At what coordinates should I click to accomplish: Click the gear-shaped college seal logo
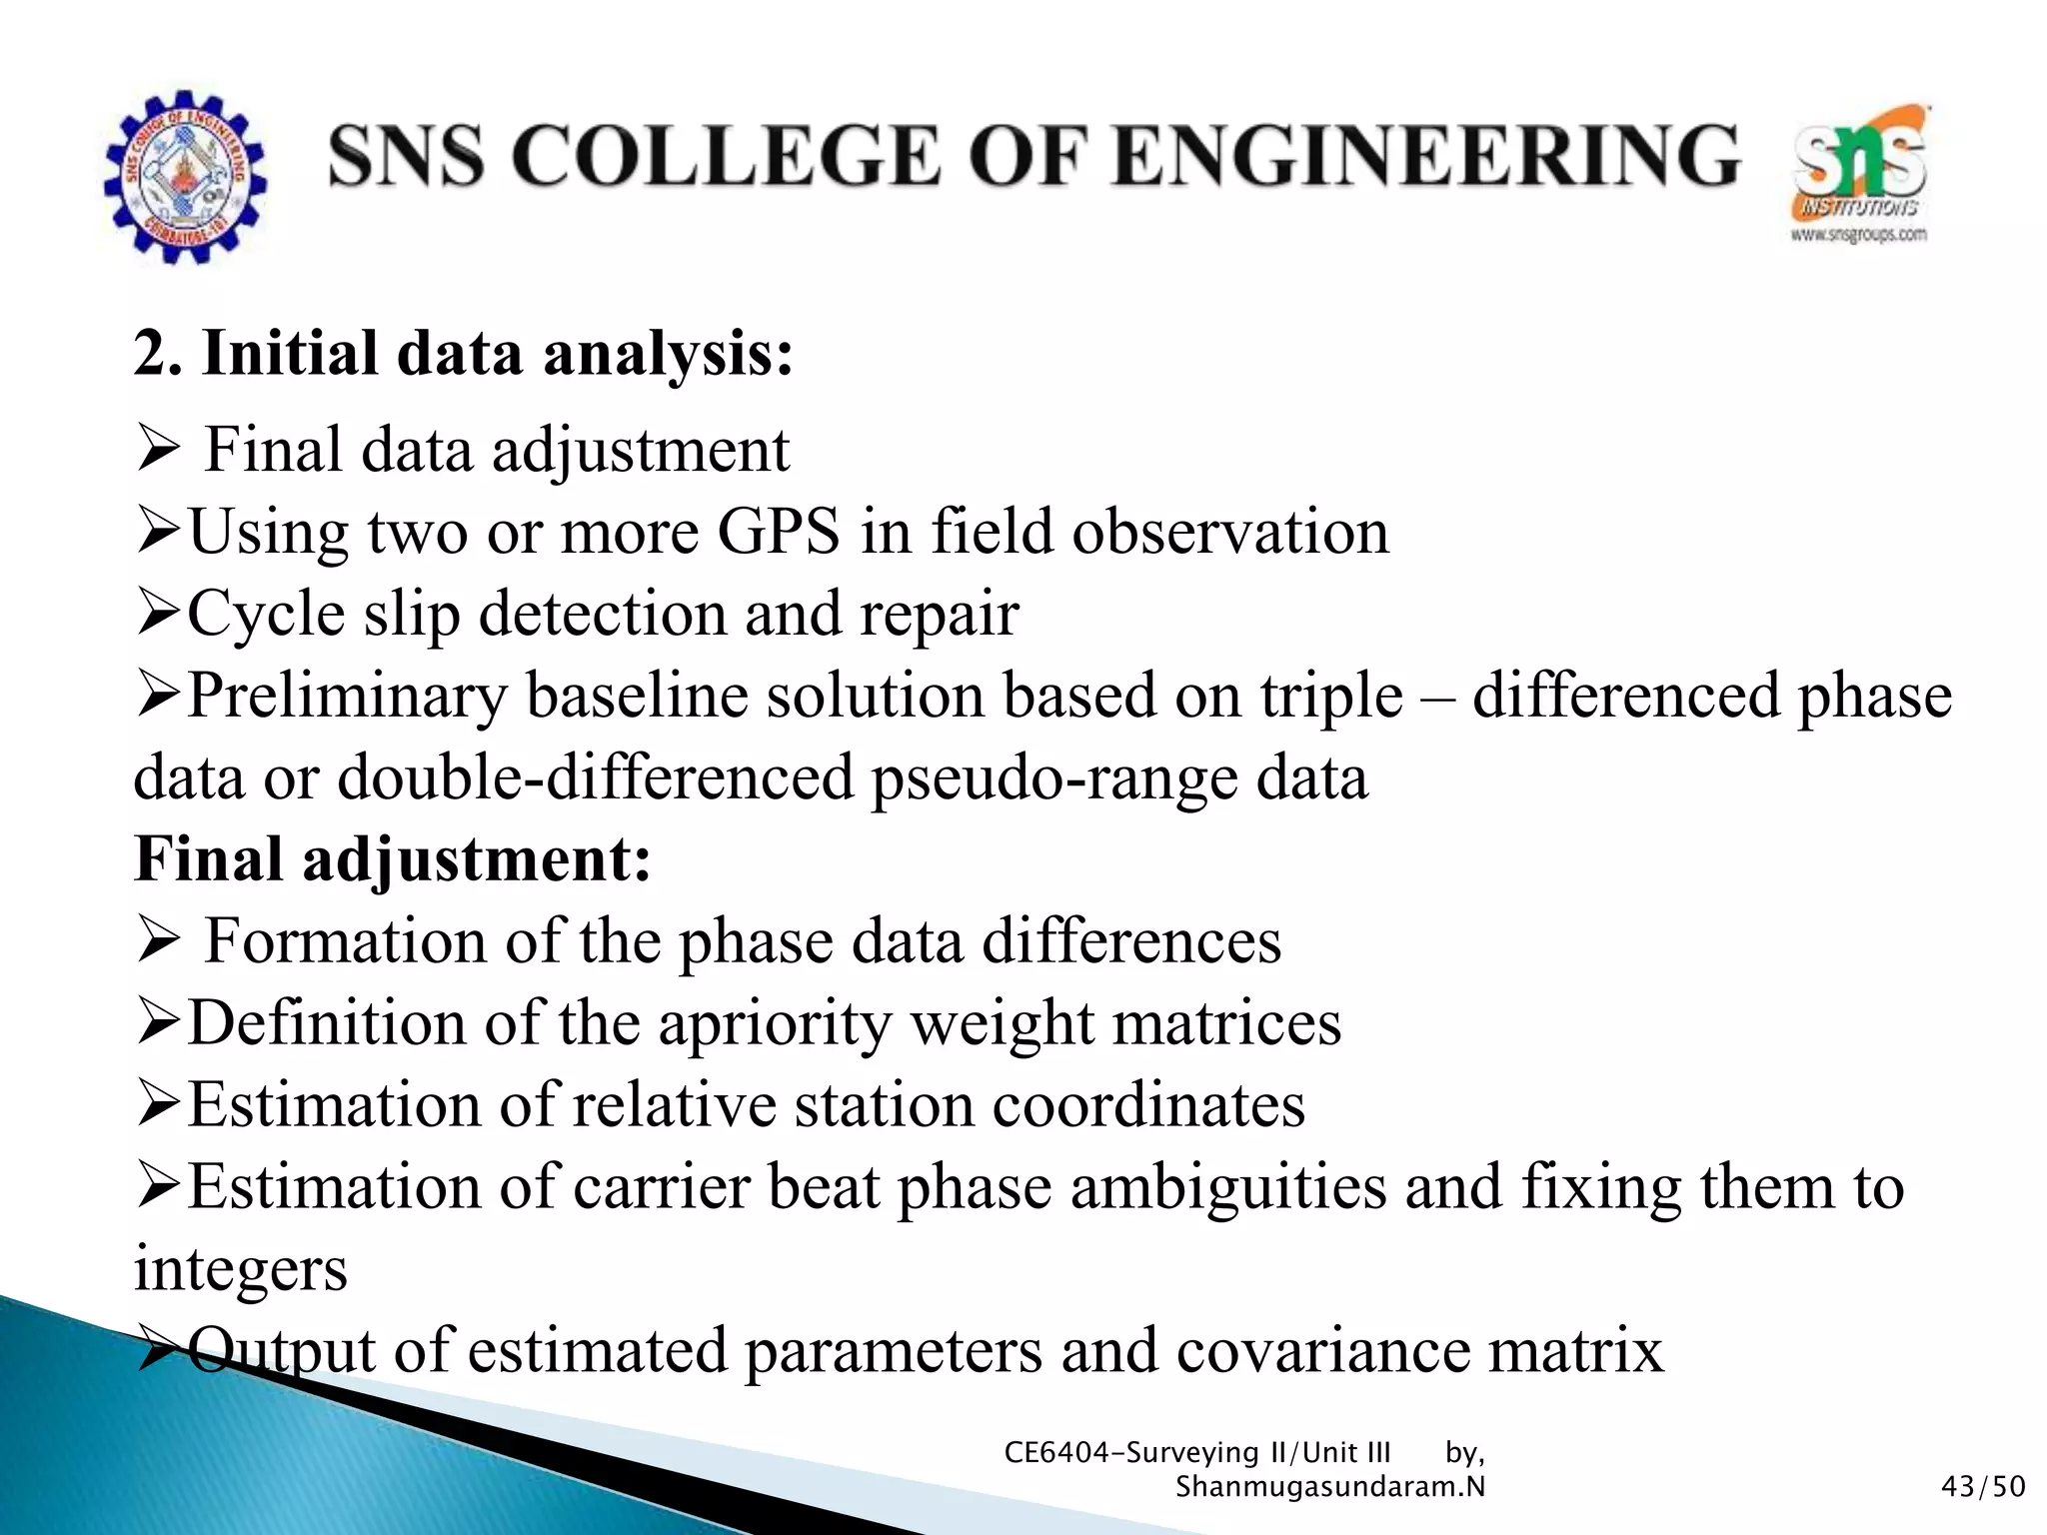(x=185, y=177)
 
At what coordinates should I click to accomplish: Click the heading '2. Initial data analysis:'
(x=464, y=354)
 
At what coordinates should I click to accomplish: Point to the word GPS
(x=779, y=532)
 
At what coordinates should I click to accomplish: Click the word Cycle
(x=265, y=614)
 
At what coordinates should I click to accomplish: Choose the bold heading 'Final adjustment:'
(x=393, y=859)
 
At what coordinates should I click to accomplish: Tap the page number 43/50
(x=1982, y=1487)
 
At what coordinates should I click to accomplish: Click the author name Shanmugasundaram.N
(x=1329, y=1487)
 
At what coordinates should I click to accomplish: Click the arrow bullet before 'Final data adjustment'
(x=157, y=452)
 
